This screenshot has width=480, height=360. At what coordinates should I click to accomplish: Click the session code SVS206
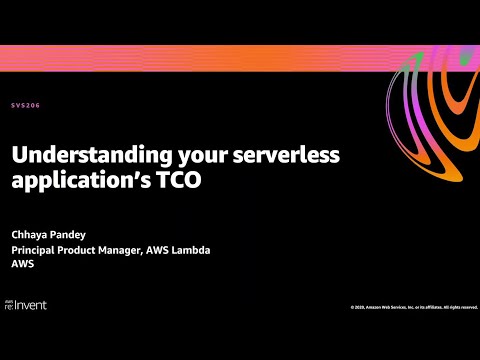26,105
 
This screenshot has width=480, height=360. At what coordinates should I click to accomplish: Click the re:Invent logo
27,304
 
